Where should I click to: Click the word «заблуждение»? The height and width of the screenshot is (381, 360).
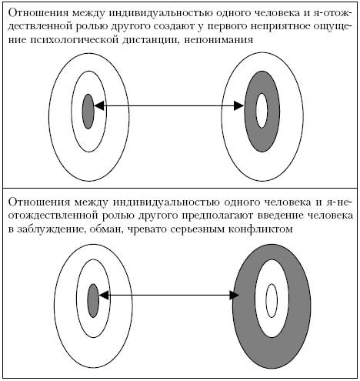[51, 229]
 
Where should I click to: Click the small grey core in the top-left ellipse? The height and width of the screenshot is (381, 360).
[88, 112]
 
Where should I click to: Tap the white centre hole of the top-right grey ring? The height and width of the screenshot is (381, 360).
[262, 110]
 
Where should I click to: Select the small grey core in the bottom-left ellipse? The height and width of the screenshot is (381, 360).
[93, 300]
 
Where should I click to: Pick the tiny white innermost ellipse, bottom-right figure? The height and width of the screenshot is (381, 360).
[272, 300]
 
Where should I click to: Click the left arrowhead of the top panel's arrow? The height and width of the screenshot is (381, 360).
[99, 105]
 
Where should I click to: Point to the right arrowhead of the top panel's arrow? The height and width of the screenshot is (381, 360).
[239, 105]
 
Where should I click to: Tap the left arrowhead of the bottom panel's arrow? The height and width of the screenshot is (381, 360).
[104, 296]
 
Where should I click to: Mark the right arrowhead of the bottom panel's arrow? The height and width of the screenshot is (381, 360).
[235, 296]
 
